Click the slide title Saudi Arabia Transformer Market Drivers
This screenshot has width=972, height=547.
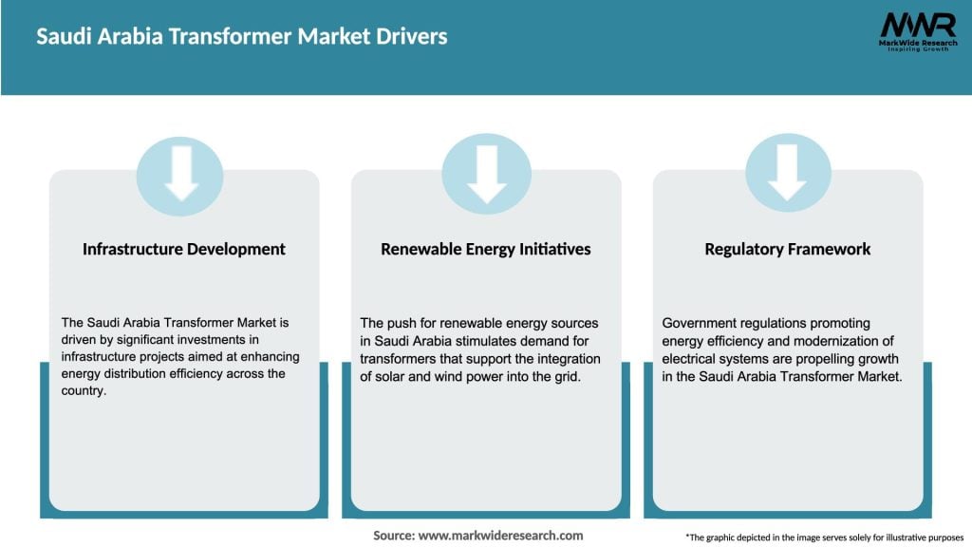pos(242,37)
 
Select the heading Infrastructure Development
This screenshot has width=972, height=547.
pos(184,249)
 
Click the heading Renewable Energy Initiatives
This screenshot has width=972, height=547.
pos(486,249)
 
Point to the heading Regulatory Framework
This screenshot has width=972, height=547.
pos(788,249)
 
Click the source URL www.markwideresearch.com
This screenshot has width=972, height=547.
pos(501,536)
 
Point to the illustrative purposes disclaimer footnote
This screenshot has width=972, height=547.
pos(823,538)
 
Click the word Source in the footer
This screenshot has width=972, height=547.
pos(393,536)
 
